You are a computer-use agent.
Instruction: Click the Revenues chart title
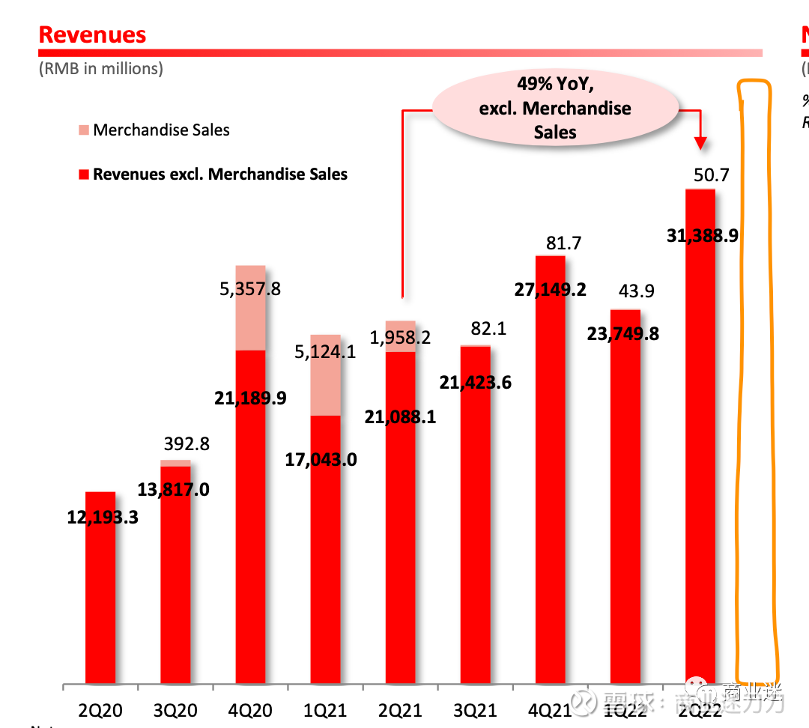coord(92,34)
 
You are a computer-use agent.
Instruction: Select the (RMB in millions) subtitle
coord(100,69)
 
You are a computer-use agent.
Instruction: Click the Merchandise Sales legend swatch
coord(82,130)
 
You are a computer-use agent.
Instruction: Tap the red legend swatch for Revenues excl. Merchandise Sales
coord(82,175)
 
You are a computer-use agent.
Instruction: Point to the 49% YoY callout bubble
coord(555,108)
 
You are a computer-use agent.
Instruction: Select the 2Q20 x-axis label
coord(100,709)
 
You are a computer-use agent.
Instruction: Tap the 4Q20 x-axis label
coord(250,709)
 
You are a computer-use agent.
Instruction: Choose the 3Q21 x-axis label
coord(475,709)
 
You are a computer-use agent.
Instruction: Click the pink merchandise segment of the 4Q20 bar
coord(250,307)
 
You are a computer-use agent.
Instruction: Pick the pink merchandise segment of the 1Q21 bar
coord(325,374)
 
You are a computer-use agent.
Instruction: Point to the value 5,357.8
coord(250,288)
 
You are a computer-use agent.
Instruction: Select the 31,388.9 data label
coord(702,235)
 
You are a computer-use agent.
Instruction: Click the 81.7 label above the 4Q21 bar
coord(563,243)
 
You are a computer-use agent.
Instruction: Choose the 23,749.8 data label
coord(623,333)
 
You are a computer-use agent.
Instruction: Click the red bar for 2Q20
coord(100,599)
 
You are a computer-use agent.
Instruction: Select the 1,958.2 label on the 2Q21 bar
coord(401,338)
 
